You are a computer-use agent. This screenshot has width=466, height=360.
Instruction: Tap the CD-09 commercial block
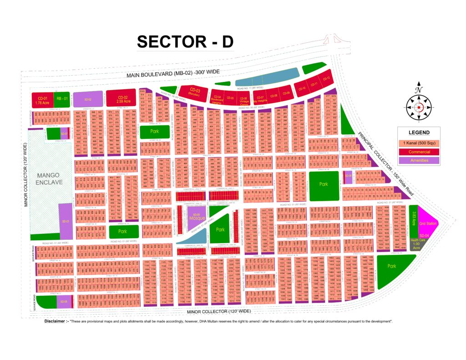click(286, 93)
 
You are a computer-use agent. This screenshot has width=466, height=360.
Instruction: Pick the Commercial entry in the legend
click(419, 152)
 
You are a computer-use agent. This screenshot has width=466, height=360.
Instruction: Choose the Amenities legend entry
click(419, 160)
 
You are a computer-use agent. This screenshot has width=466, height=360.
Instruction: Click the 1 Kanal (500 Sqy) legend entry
click(419, 143)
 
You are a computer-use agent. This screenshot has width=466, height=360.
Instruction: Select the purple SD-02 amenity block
click(88, 99)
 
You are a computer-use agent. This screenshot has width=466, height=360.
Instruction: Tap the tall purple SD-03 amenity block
click(66, 221)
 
